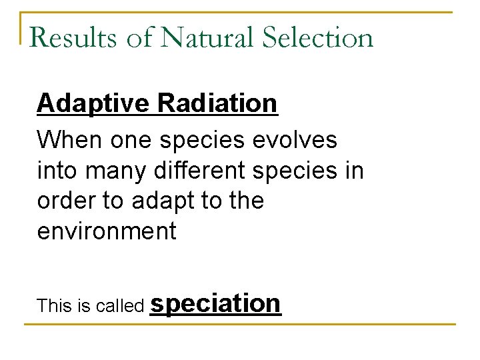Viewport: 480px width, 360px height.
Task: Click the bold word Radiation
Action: (217, 103)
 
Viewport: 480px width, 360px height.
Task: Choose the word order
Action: (65, 201)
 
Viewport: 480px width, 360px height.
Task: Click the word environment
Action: (107, 231)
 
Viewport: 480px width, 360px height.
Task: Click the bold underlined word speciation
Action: (216, 304)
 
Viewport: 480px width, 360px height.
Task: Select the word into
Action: (57, 171)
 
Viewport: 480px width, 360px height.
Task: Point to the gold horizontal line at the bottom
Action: (240, 325)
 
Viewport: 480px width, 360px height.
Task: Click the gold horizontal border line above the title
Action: (240, 12)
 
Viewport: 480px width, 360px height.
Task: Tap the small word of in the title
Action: (139, 38)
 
